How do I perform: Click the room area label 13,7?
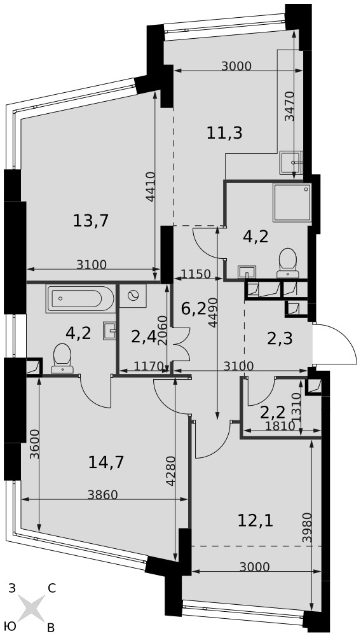click(x=92, y=221)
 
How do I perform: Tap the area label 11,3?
click(x=224, y=133)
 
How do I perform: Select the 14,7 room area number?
click(x=106, y=462)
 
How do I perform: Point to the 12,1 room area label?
click(x=255, y=521)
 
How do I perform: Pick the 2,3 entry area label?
click(x=280, y=338)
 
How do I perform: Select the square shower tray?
click(x=292, y=203)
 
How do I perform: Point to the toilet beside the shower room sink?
click(x=288, y=263)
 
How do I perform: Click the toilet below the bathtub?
click(x=62, y=359)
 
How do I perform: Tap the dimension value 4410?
click(x=151, y=186)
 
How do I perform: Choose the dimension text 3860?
click(x=103, y=494)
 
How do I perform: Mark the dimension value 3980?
click(x=307, y=527)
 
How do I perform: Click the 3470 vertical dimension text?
click(x=289, y=106)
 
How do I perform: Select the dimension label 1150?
click(x=196, y=274)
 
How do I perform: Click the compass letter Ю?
click(x=11, y=626)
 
